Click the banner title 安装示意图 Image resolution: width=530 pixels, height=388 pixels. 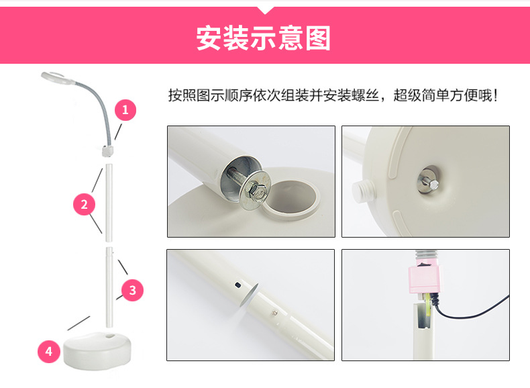click(264, 39)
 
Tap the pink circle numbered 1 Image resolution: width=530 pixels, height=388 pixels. click(125, 109)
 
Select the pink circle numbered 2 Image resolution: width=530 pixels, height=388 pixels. click(84, 204)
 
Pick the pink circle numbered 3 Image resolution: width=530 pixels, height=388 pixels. click(132, 290)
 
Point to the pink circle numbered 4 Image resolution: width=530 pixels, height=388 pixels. click(48, 350)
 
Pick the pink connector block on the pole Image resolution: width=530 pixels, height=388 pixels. click(423, 279)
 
